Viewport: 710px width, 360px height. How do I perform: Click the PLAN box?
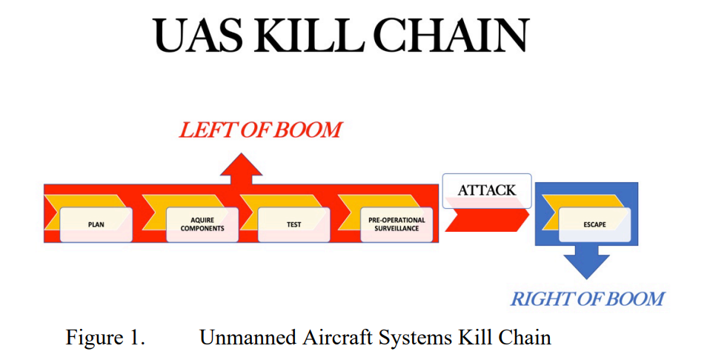coord(96,224)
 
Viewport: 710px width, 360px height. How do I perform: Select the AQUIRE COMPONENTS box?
coord(202,224)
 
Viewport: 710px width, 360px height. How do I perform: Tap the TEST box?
coord(294,224)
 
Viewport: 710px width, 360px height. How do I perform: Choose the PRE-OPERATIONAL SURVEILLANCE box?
coord(397,224)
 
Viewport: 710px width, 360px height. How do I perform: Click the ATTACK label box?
coord(487,190)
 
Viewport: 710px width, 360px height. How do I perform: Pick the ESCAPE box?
coord(594,224)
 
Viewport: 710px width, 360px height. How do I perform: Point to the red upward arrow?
coord(241,169)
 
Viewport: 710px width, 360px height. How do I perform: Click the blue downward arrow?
coord(587,262)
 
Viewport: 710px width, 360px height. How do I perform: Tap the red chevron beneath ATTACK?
coord(487,220)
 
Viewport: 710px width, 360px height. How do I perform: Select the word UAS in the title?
coord(199,36)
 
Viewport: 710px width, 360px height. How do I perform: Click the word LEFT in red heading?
coord(208,130)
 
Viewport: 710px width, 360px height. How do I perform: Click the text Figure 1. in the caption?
coord(105,338)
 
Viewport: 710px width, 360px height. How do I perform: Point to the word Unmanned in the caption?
coord(248,338)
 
